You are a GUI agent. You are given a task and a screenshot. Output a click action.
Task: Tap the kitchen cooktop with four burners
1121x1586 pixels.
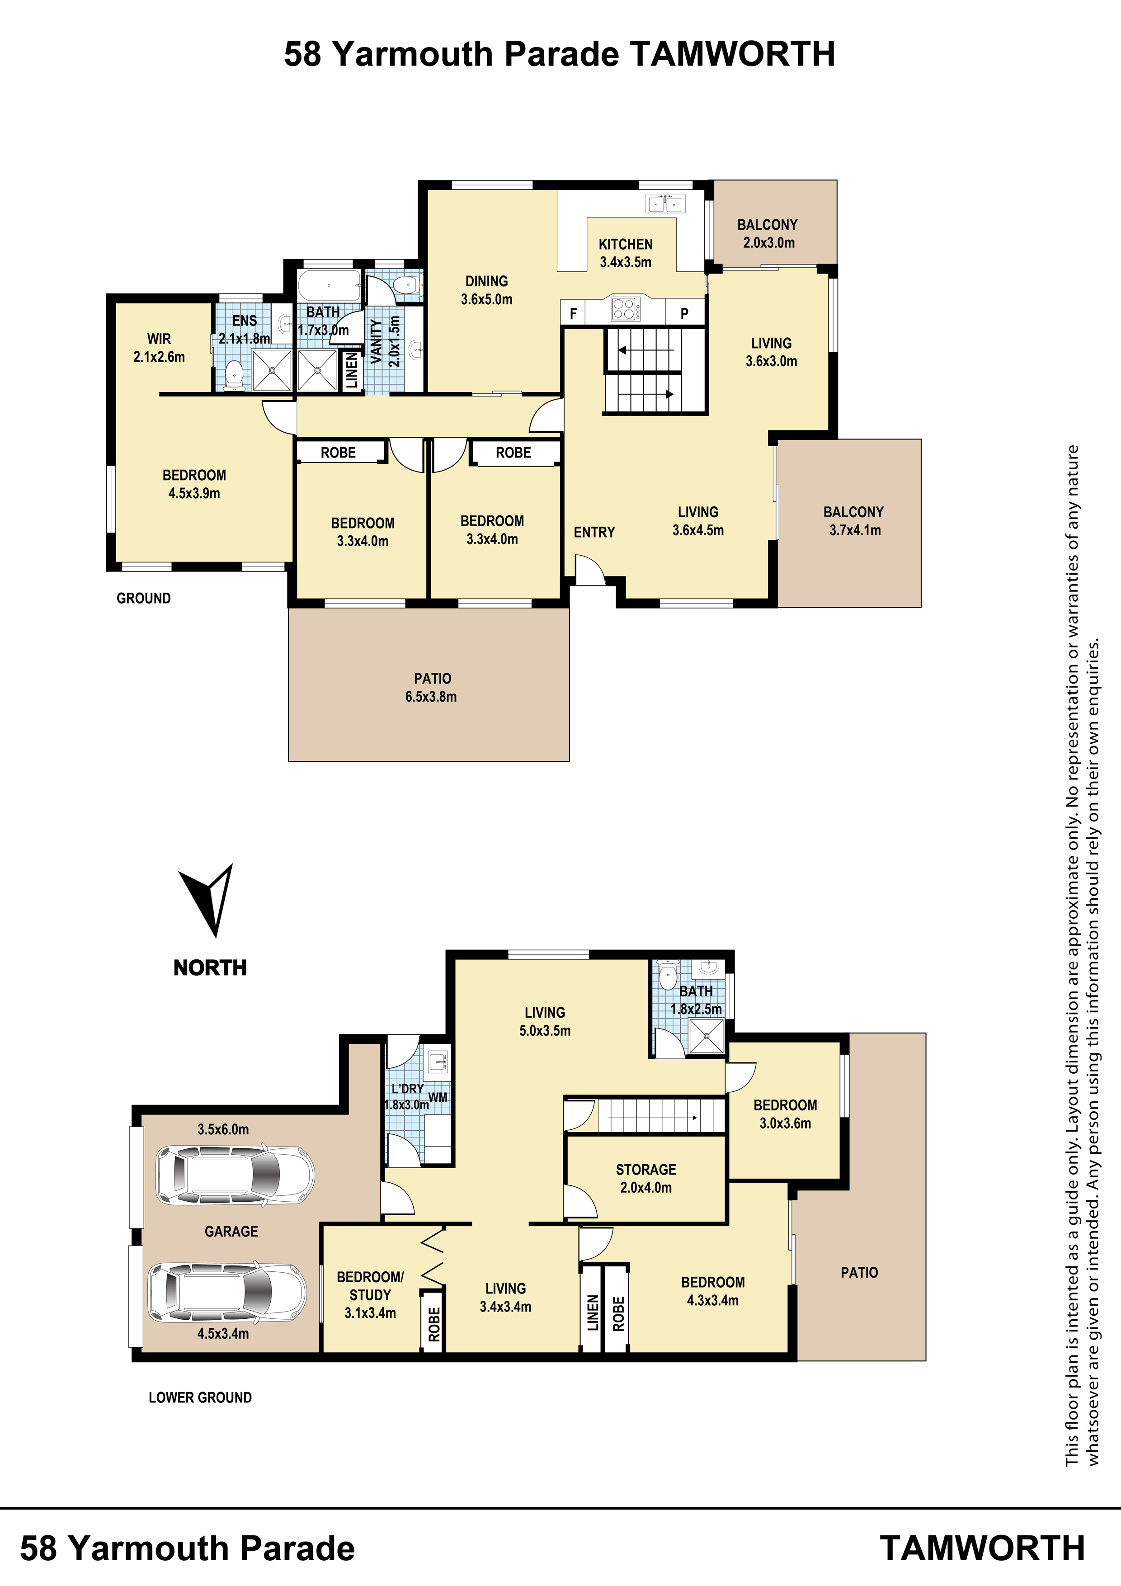point(624,308)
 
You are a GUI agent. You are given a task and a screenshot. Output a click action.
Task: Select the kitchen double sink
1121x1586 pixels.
point(664,204)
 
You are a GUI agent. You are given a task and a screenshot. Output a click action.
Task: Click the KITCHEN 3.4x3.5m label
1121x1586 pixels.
point(625,253)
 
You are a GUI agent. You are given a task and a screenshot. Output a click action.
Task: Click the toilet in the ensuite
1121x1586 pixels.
point(235,376)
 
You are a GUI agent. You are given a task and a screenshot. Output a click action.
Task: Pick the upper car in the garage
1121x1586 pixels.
point(235,1175)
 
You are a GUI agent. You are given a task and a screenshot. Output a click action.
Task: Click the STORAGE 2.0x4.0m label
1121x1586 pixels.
point(646,1179)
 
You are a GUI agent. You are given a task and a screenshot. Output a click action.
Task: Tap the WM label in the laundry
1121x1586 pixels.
point(438,1098)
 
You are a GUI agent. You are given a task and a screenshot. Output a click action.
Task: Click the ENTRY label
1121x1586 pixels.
point(594,532)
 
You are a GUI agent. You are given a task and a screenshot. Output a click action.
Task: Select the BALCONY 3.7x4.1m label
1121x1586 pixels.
point(854,521)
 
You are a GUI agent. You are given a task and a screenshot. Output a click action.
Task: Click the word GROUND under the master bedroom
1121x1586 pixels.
point(144,598)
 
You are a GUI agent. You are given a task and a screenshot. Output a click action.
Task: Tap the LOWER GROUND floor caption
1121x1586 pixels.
point(200,1397)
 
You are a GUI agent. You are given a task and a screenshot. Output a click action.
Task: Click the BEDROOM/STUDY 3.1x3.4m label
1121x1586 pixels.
point(370,1295)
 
